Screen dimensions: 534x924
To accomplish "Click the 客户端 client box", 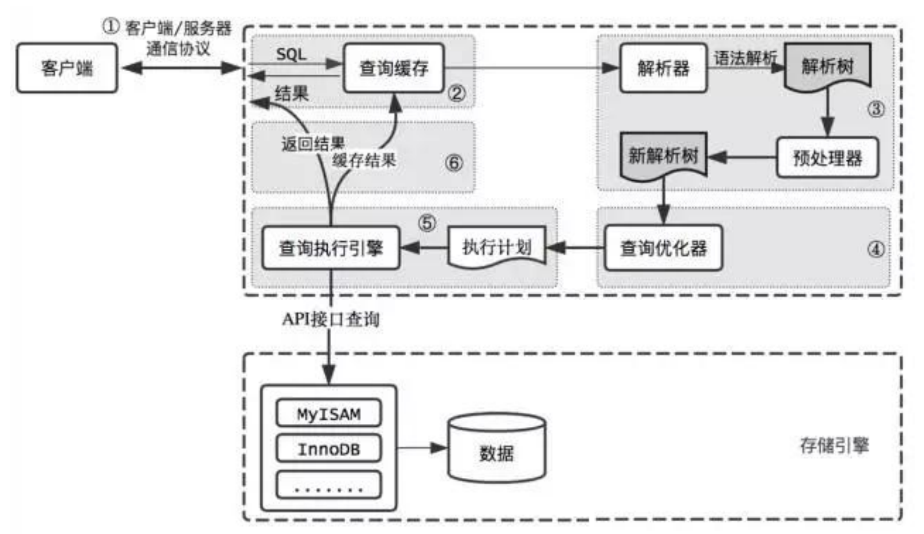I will (x=67, y=68).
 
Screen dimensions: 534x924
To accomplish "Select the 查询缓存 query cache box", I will (x=393, y=68).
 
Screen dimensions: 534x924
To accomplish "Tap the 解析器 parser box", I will (x=663, y=68).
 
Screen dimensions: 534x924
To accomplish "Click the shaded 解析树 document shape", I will (x=827, y=66).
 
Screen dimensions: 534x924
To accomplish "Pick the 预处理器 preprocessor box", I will (x=827, y=158).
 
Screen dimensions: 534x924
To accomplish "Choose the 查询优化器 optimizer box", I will (x=663, y=248).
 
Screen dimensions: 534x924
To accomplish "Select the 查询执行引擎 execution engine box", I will (x=331, y=248).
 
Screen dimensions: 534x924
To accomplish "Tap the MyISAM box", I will (x=328, y=414).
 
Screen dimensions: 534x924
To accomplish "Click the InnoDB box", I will (x=328, y=449).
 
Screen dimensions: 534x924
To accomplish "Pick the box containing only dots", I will (x=328, y=485).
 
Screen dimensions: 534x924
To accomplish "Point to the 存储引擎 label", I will (x=834, y=445).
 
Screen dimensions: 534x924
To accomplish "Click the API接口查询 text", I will (x=331, y=319).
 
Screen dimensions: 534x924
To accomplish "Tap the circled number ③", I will (x=875, y=109).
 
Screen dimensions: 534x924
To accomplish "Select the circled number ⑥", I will (x=454, y=163).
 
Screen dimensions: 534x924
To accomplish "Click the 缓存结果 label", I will (x=364, y=161).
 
